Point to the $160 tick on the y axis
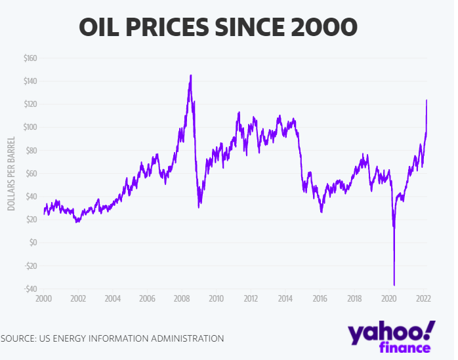coord(30,58)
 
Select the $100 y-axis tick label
coord(30,127)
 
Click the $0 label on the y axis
coord(34,243)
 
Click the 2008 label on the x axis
coord(182,298)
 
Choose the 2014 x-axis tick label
coord(285,298)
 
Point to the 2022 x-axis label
coord(423,298)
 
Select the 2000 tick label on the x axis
coord(43,298)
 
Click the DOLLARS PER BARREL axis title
coord(11,173)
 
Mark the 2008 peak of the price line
coord(190,75)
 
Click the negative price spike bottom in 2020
coord(394,285)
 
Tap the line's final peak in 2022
coord(427,100)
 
